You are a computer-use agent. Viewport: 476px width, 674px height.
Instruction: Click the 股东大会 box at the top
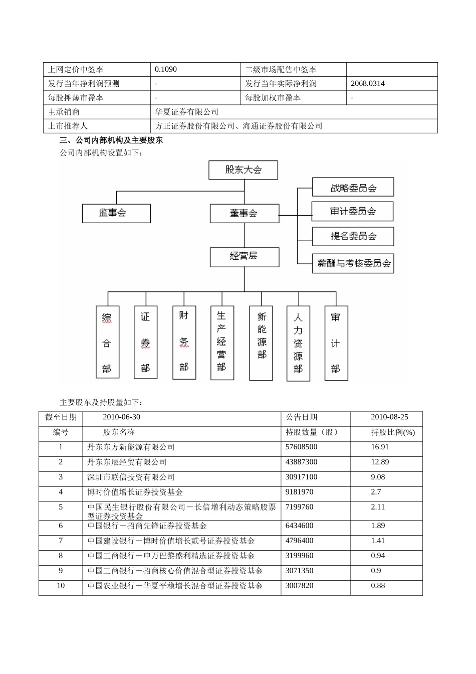[243, 170]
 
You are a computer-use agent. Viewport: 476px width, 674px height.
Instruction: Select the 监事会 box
[116, 213]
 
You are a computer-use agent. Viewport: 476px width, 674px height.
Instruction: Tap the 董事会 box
[244, 213]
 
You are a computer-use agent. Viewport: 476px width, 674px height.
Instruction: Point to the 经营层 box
[244, 256]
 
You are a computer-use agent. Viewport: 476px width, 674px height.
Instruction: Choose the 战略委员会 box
[353, 188]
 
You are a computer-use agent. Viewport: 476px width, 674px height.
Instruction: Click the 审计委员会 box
[352, 212]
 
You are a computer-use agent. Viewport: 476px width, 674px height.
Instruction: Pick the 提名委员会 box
[353, 236]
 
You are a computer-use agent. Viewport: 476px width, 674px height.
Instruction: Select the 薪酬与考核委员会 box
[353, 263]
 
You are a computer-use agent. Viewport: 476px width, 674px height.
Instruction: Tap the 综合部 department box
[107, 342]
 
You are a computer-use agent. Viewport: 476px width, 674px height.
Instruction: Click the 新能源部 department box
[261, 343]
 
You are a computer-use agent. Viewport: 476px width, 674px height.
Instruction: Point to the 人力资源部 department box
[298, 344]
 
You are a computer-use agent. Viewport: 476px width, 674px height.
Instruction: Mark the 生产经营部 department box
[222, 343]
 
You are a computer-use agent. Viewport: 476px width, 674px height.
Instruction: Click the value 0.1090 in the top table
[166, 69]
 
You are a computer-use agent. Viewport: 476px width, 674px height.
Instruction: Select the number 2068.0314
[368, 83]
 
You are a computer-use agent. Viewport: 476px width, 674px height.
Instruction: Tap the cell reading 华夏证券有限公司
[187, 112]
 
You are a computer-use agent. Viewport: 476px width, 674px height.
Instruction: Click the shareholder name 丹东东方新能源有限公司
[131, 447]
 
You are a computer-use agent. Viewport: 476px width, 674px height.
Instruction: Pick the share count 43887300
[301, 462]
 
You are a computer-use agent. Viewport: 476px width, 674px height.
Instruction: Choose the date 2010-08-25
[389, 417]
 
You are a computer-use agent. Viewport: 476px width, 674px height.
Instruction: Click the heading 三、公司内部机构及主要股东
[111, 141]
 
